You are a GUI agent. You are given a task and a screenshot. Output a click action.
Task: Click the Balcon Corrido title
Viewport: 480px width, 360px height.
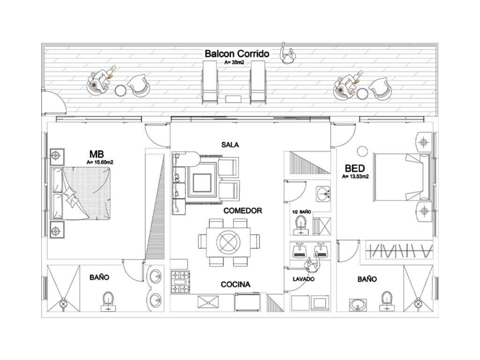pyautogui.click(x=237, y=54)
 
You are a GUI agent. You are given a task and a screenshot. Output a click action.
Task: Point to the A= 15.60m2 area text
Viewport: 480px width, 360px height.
pyautogui.click(x=101, y=162)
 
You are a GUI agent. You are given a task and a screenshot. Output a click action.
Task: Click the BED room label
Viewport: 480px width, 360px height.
pyautogui.click(x=355, y=168)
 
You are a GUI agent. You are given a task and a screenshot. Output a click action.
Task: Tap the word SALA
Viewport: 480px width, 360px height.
pyautogui.click(x=230, y=145)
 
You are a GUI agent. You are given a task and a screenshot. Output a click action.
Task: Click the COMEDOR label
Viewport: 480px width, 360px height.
pyautogui.click(x=242, y=211)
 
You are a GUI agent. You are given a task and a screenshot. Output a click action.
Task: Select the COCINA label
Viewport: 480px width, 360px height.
pyautogui.click(x=235, y=284)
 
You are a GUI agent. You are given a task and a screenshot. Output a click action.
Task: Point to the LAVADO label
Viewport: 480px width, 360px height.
pyautogui.click(x=304, y=279)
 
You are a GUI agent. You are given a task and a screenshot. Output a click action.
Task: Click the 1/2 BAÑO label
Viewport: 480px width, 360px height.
pyautogui.click(x=301, y=212)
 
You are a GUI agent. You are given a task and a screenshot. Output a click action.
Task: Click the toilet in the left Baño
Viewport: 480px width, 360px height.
pyautogui.click(x=108, y=301)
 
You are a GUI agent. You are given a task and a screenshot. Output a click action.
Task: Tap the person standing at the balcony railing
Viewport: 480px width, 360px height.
pyautogui.click(x=287, y=53)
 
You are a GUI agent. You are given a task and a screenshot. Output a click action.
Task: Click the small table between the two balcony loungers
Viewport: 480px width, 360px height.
pyautogui.click(x=232, y=99)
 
